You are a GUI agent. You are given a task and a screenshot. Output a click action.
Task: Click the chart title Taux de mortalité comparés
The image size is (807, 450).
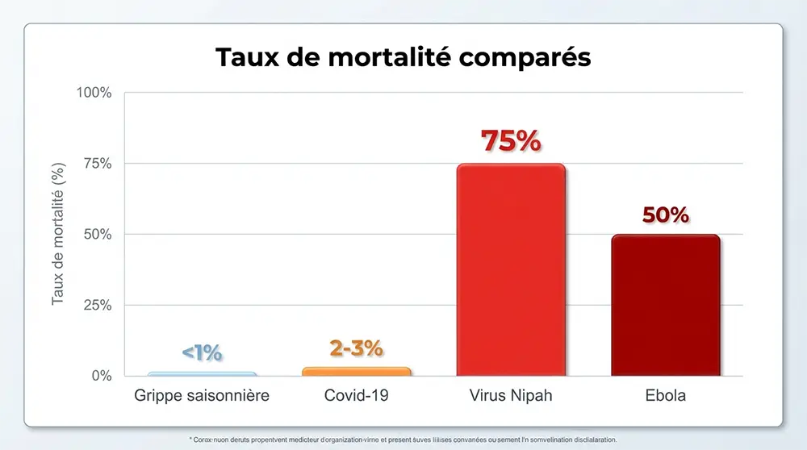(x=403, y=58)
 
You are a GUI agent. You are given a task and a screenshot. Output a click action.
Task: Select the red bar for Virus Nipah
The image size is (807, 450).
(x=511, y=270)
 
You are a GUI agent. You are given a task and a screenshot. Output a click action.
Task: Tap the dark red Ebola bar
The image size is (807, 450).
(x=665, y=305)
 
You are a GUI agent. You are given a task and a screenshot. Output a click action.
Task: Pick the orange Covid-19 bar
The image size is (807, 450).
(x=356, y=372)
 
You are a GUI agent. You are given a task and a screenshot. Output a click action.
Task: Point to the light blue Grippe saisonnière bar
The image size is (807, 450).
(x=202, y=374)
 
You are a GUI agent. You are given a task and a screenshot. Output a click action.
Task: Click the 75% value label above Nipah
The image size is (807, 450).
(x=511, y=140)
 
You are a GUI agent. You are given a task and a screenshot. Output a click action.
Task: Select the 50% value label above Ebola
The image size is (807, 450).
(x=665, y=215)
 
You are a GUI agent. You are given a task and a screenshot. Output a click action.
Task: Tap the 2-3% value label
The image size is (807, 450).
(x=356, y=348)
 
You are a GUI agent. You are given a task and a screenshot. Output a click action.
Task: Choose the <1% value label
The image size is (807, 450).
(x=202, y=352)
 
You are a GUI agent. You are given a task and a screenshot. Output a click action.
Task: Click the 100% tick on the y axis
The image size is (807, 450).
(x=94, y=93)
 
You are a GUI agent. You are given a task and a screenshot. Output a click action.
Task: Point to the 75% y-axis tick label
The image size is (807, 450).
(x=98, y=164)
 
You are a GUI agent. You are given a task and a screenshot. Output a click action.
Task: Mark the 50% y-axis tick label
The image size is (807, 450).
(x=98, y=235)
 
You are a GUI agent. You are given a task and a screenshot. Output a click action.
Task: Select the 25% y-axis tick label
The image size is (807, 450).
(x=98, y=306)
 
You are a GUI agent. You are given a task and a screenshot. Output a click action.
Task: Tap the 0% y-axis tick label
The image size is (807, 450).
(x=101, y=376)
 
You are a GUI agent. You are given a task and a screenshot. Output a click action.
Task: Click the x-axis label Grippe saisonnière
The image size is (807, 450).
(x=201, y=396)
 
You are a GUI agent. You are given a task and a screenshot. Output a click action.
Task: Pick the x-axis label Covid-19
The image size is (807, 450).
(x=356, y=396)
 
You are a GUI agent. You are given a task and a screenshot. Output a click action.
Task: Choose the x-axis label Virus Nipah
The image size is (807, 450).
(x=511, y=396)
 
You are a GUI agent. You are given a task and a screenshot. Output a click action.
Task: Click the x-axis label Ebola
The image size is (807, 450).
(x=665, y=396)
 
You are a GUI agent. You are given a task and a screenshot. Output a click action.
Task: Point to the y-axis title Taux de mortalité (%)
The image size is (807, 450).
(x=58, y=234)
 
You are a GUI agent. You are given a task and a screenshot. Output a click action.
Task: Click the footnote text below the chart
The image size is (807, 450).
(x=403, y=440)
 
